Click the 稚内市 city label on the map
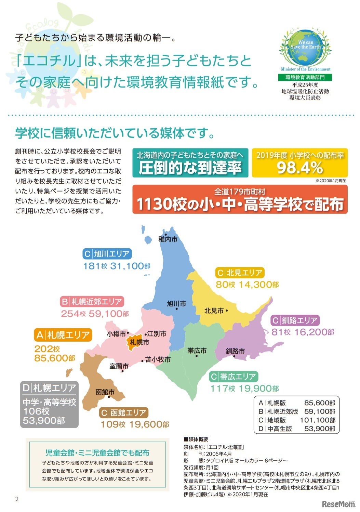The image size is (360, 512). (168, 239)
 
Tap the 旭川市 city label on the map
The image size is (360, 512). (176, 304)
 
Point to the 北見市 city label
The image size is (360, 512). (214, 311)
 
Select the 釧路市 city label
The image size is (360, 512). (235, 351)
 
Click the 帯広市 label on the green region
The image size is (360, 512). (197, 351)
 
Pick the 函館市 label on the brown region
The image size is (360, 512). (105, 392)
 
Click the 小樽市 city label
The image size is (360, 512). (116, 334)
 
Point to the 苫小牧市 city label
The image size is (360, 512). (158, 359)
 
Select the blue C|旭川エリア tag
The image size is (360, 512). (107, 254)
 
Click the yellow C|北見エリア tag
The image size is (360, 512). (240, 273)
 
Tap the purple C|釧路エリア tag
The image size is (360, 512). (295, 320)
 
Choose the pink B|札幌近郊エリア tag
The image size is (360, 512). (92, 302)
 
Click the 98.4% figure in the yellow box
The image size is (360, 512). (300, 168)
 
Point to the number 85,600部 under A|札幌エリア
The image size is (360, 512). (55, 358)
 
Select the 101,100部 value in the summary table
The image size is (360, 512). (318, 420)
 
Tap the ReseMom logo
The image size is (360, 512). (338, 504)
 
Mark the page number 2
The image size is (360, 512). (17, 499)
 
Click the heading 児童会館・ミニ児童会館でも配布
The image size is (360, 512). (97, 453)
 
